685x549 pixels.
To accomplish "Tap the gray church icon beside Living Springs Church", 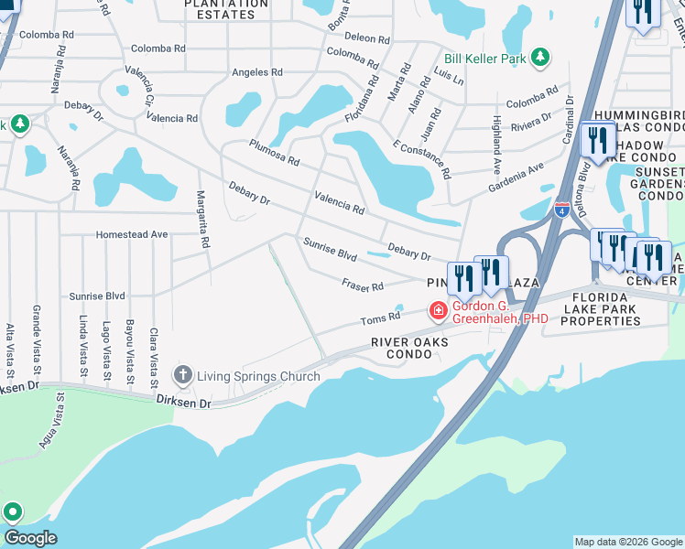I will coord(183,375).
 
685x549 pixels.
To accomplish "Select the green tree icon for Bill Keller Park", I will coord(540,58).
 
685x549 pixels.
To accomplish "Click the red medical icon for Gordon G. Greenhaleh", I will coord(439,312).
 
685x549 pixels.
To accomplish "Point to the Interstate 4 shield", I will coord(562,210).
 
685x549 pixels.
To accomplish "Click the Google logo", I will coord(30,538).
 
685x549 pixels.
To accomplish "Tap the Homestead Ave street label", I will coord(133,234).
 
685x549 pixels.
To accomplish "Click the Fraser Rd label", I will coord(363,286).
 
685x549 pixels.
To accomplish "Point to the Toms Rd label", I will coord(380,318).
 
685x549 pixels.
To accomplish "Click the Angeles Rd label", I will coord(257,72).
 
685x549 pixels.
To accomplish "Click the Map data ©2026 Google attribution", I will coord(627,542).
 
